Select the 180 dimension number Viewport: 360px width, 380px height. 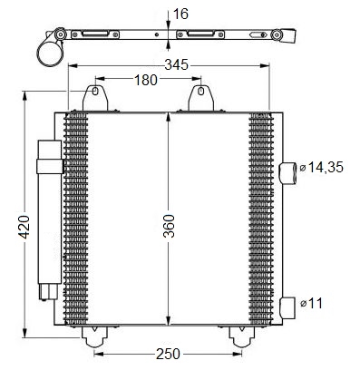pyautogui.click(x=145, y=80)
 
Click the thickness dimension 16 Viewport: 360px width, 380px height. pyautogui.click(x=181, y=14)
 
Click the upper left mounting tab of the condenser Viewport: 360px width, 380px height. pyautogui.click(x=92, y=97)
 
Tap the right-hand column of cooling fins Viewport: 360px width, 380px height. pyautogui.click(x=259, y=218)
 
